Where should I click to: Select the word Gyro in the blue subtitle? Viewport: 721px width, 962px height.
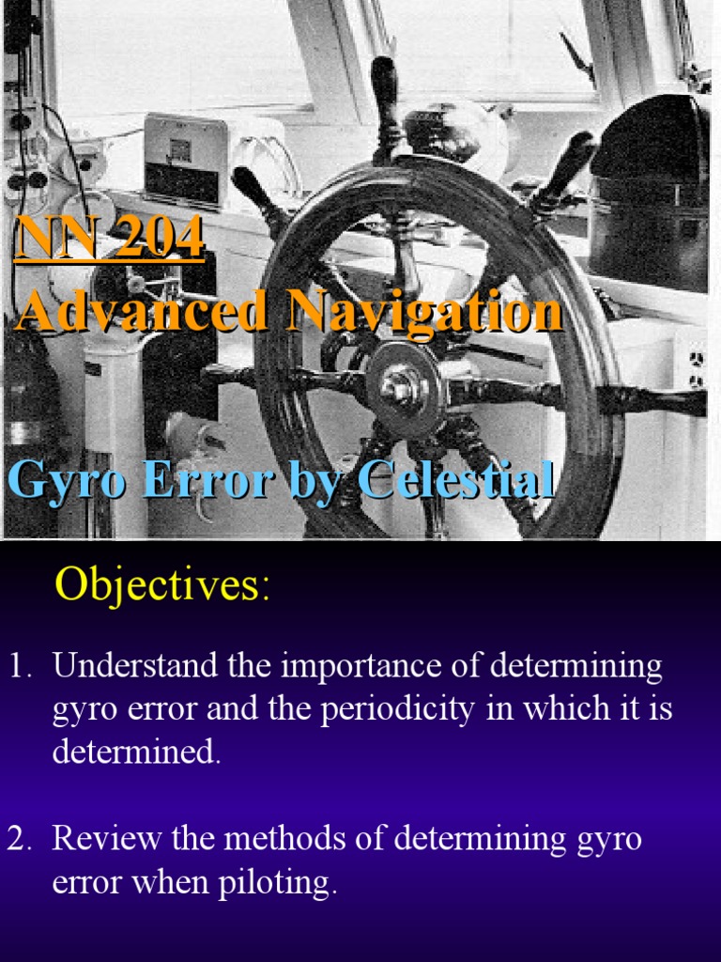[66, 481]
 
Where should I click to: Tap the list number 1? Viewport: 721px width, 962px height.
[19, 666]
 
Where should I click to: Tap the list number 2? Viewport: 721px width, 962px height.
[19, 838]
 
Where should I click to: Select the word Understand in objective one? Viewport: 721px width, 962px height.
[137, 666]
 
